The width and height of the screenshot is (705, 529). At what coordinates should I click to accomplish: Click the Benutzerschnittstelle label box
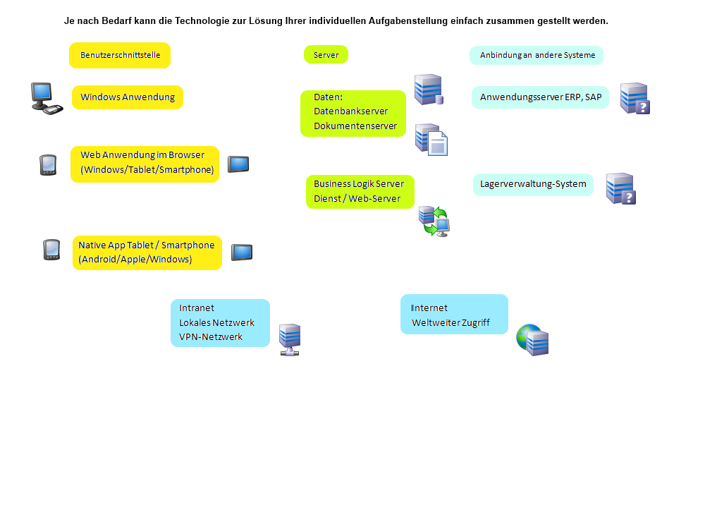point(120,55)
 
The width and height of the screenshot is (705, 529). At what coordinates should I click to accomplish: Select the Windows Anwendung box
point(128,97)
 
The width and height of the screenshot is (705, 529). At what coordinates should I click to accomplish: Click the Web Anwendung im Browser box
point(145,164)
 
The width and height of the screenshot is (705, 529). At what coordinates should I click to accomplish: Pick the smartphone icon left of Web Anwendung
point(47,165)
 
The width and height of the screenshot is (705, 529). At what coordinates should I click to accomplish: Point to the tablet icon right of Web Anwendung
point(238,164)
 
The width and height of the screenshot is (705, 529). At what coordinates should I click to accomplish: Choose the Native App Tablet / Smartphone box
point(147,253)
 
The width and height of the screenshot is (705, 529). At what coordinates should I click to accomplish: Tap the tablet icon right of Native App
point(242,252)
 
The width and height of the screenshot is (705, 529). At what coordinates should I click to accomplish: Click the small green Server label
point(326,54)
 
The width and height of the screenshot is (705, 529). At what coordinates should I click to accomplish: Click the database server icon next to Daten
point(428,90)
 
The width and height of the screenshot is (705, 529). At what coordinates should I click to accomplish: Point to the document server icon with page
point(431,139)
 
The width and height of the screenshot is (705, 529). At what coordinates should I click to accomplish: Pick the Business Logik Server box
point(360,191)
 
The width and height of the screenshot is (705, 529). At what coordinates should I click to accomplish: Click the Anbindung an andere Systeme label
point(537,55)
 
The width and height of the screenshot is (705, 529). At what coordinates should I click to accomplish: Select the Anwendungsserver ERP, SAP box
point(540,97)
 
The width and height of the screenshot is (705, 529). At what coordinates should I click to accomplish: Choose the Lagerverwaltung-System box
point(533,184)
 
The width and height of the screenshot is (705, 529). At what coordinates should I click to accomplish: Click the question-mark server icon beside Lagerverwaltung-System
point(621,189)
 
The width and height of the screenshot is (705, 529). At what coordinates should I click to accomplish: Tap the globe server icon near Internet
point(532,340)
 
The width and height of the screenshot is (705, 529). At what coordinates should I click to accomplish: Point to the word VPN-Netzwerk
point(211,336)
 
